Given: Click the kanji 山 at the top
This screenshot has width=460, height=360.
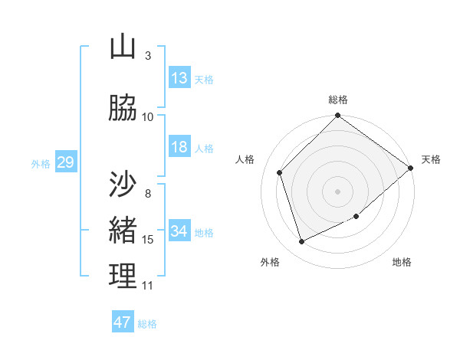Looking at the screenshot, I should pyautogui.click(x=123, y=47).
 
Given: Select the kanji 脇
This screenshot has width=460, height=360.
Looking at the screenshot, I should pyautogui.click(x=123, y=108).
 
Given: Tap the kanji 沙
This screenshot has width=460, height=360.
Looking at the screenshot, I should pyautogui.click(x=123, y=185).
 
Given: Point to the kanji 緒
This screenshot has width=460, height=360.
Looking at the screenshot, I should pyautogui.click(x=123, y=231).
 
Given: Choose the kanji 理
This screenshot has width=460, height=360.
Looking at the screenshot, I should pyautogui.click(x=123, y=277).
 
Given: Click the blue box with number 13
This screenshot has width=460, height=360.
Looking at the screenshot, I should pyautogui.click(x=179, y=78).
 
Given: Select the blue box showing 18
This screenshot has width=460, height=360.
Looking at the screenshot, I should pyautogui.click(x=179, y=147).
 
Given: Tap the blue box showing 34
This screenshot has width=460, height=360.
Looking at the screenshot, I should pyautogui.click(x=179, y=231).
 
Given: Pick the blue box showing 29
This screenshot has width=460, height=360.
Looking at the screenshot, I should pyautogui.click(x=64, y=162).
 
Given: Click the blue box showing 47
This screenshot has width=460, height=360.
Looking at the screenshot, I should pyautogui.click(x=123, y=322).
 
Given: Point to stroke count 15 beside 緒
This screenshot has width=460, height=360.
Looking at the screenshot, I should pyautogui.click(x=148, y=240).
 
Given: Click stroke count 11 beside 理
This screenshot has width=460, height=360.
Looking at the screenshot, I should pyautogui.click(x=148, y=286).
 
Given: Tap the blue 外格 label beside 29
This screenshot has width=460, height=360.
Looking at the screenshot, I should pyautogui.click(x=41, y=163).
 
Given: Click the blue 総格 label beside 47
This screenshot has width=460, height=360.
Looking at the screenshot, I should pyautogui.click(x=147, y=324).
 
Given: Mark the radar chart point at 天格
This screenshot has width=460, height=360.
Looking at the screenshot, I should pyautogui.click(x=410, y=169).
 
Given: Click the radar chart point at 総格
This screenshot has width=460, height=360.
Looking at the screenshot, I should pyautogui.click(x=337, y=116).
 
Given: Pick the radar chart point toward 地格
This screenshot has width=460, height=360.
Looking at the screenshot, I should pyautogui.click(x=356, y=216).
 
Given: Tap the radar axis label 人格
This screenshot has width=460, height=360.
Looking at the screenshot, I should pyautogui.click(x=245, y=159).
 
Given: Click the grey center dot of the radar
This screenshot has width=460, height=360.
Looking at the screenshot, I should pyautogui.click(x=337, y=191).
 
